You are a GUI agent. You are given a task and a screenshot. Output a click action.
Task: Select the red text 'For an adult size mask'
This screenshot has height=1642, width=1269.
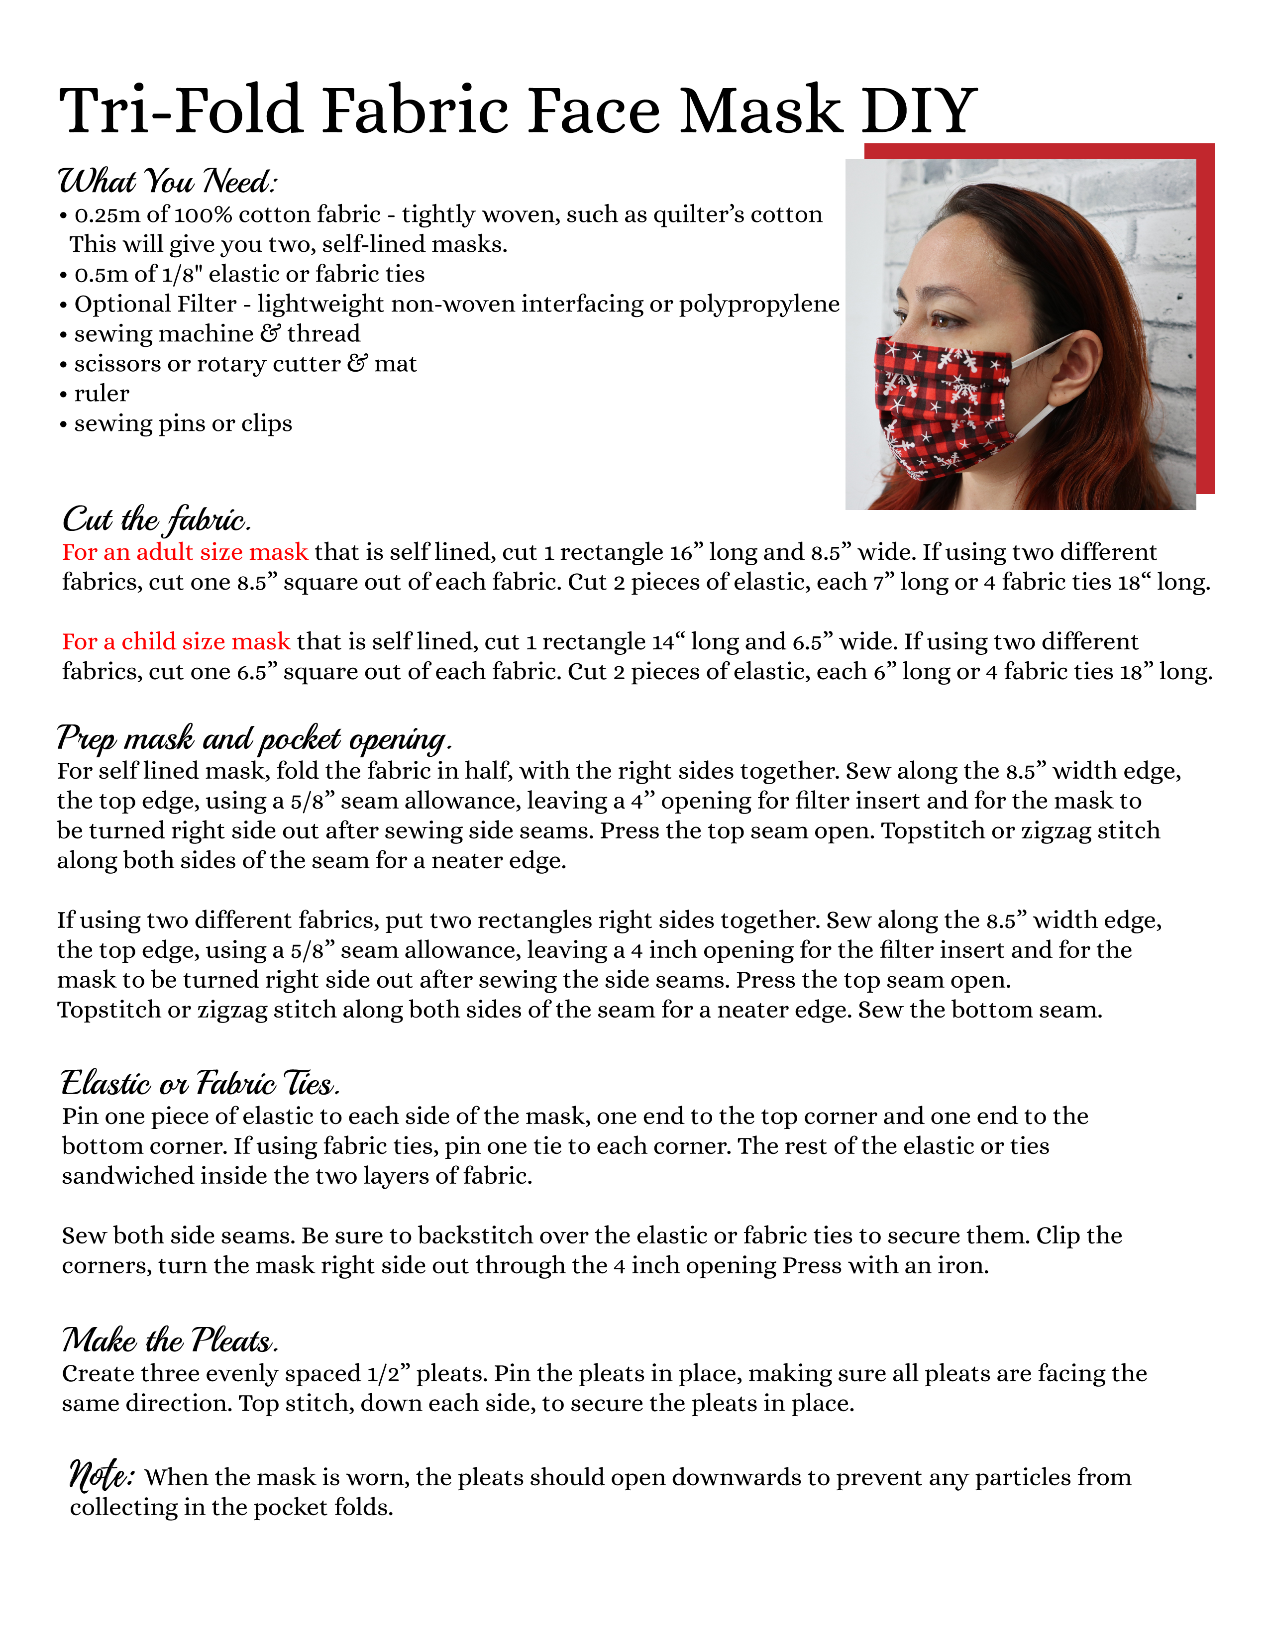coord(185,553)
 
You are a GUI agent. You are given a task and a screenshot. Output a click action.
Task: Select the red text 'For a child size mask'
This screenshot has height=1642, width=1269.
coord(176,642)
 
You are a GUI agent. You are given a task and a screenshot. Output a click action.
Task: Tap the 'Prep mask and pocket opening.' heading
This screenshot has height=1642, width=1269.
coord(254,739)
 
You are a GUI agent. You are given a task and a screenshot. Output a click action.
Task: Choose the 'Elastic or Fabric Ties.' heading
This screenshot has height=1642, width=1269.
coord(201,1084)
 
